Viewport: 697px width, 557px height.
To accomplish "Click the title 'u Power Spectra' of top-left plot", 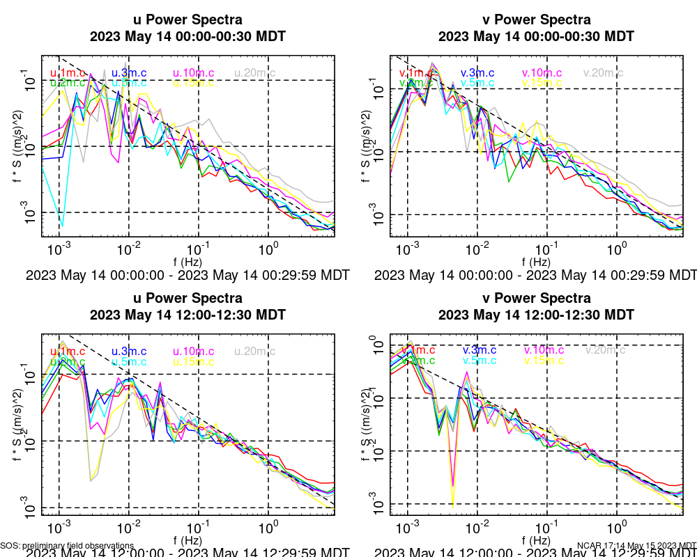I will (187, 19).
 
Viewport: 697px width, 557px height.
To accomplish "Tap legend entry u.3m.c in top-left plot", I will (129, 72).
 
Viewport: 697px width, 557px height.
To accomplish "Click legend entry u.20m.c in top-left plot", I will (254, 72).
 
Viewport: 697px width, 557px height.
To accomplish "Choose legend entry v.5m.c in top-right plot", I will (477, 83).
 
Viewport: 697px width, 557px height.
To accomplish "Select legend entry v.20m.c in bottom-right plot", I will (604, 350).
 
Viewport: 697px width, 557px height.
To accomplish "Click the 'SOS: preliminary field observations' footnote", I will (67, 546).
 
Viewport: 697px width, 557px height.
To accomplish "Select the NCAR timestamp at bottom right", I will (636, 546).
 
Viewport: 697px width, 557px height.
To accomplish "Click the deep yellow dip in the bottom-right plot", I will (453, 503).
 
